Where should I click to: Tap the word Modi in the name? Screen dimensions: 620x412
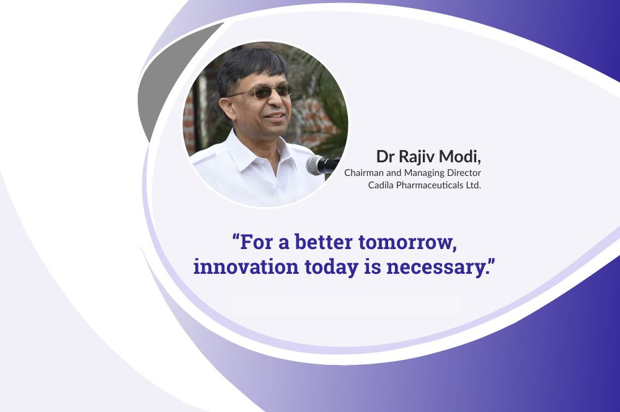[463, 156]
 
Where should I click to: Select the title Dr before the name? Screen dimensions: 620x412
[385, 157]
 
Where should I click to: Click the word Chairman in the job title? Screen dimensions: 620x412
[361, 173]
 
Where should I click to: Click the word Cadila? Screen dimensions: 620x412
[381, 185]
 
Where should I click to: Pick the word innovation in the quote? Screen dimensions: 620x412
[246, 266]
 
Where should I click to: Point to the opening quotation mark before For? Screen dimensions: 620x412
[236, 237]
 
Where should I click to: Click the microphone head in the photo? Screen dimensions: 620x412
[315, 165]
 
